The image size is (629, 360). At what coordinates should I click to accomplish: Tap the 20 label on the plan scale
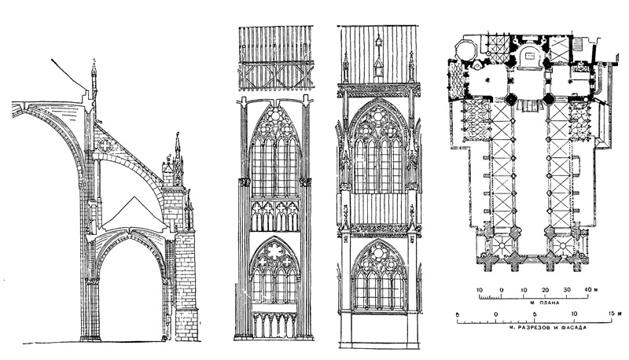(x=544, y=291)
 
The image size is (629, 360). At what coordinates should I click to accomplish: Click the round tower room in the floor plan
(x=464, y=50)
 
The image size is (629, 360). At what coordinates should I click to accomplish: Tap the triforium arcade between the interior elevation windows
(x=274, y=215)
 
